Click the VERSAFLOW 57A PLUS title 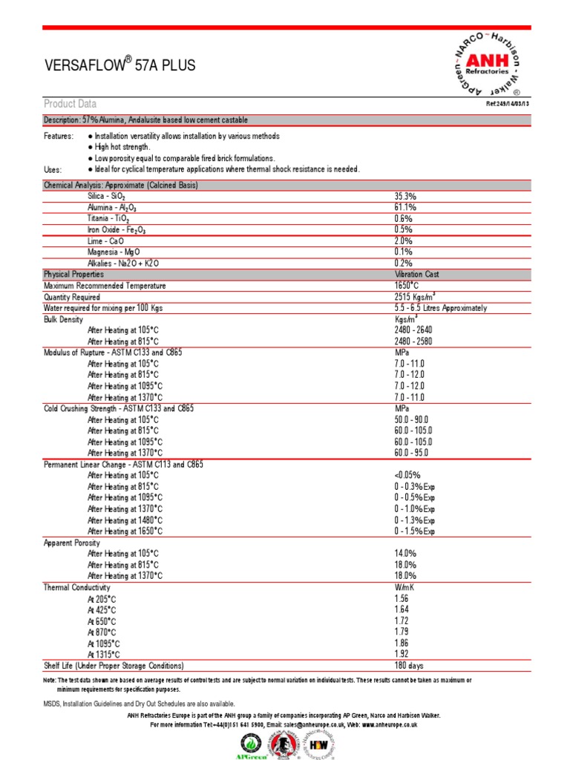[x=120, y=66]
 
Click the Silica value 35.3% [x=405, y=197]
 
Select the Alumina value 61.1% [x=405, y=208]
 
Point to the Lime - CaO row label [x=105, y=241]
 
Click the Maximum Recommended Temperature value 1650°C [x=408, y=286]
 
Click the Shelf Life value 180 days [x=409, y=666]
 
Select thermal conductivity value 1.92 [x=402, y=655]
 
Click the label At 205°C [x=102, y=598]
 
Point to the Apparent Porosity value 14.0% [x=405, y=554]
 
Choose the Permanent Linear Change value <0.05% [x=407, y=475]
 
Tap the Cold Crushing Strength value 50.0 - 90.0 [x=413, y=419]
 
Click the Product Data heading [x=70, y=104]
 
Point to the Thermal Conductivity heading [x=77, y=587]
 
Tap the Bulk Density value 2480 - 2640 [x=413, y=330]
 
